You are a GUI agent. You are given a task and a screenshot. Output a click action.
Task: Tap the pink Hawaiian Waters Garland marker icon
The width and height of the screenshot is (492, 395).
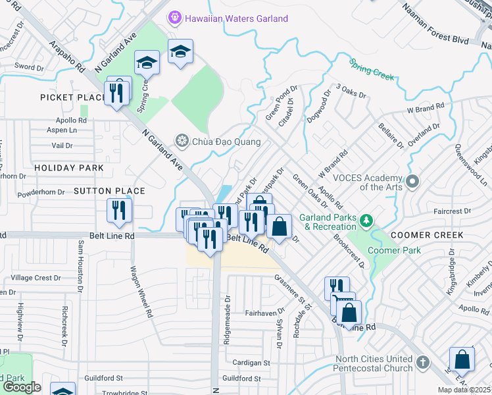(174, 18)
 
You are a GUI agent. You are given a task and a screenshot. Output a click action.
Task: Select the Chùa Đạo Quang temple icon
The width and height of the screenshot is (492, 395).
(181, 141)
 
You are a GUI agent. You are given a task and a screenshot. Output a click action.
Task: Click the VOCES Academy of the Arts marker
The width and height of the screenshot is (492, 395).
(412, 180)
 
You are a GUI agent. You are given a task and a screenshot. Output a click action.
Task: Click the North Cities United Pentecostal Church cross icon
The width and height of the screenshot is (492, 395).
(424, 363)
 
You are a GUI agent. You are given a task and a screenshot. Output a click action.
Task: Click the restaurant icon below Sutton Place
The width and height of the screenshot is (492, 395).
(119, 211)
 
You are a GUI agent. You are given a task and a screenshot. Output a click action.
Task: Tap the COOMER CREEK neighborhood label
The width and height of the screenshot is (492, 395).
(428, 235)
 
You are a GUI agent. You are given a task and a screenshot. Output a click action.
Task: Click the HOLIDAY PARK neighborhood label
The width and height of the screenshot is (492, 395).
(69, 168)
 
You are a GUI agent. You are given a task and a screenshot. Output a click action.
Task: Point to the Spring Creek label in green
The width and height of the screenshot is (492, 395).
(372, 69)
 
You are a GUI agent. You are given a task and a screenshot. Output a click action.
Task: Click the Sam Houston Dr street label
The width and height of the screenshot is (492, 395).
(81, 265)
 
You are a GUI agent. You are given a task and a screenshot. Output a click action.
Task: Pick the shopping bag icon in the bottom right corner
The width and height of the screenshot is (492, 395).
(462, 361)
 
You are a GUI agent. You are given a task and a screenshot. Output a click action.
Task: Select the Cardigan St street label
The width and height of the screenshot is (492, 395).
(251, 363)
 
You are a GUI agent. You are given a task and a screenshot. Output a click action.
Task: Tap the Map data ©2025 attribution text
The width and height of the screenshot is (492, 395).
(464, 390)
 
